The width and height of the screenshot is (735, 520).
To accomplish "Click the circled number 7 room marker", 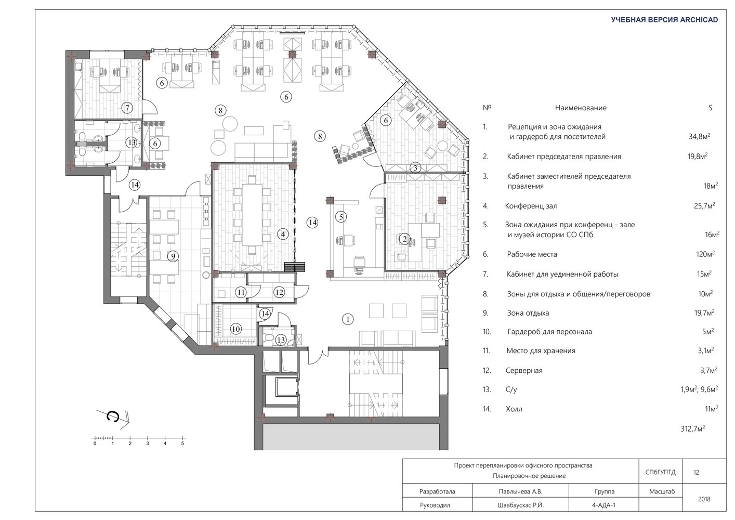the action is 127,108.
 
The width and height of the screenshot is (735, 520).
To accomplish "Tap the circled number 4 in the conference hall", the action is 283,234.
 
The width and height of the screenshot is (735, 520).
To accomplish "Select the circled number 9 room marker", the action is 173,256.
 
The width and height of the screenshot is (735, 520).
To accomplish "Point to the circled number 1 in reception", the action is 348,319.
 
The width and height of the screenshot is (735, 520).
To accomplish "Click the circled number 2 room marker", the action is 404,239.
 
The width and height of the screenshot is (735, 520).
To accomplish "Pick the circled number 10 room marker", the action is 236,329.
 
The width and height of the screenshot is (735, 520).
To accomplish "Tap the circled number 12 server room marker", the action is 279,292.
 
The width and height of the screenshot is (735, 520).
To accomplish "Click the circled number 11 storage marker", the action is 241,292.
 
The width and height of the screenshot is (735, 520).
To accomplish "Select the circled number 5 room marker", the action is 341,217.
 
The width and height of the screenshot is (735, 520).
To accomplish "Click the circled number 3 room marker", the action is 415,168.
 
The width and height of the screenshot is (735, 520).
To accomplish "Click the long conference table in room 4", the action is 252,215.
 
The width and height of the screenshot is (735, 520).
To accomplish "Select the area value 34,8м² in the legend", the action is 699,136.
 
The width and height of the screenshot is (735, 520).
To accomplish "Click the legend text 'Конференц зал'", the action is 531,206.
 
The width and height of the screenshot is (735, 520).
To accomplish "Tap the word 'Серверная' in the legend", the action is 524,371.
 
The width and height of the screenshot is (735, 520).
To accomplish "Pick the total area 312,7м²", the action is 693,428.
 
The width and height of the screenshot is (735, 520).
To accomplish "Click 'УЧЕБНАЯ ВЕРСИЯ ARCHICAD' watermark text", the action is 664,20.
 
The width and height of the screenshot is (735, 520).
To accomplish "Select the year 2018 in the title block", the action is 704,499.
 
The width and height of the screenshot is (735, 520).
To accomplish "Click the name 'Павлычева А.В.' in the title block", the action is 520,491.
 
